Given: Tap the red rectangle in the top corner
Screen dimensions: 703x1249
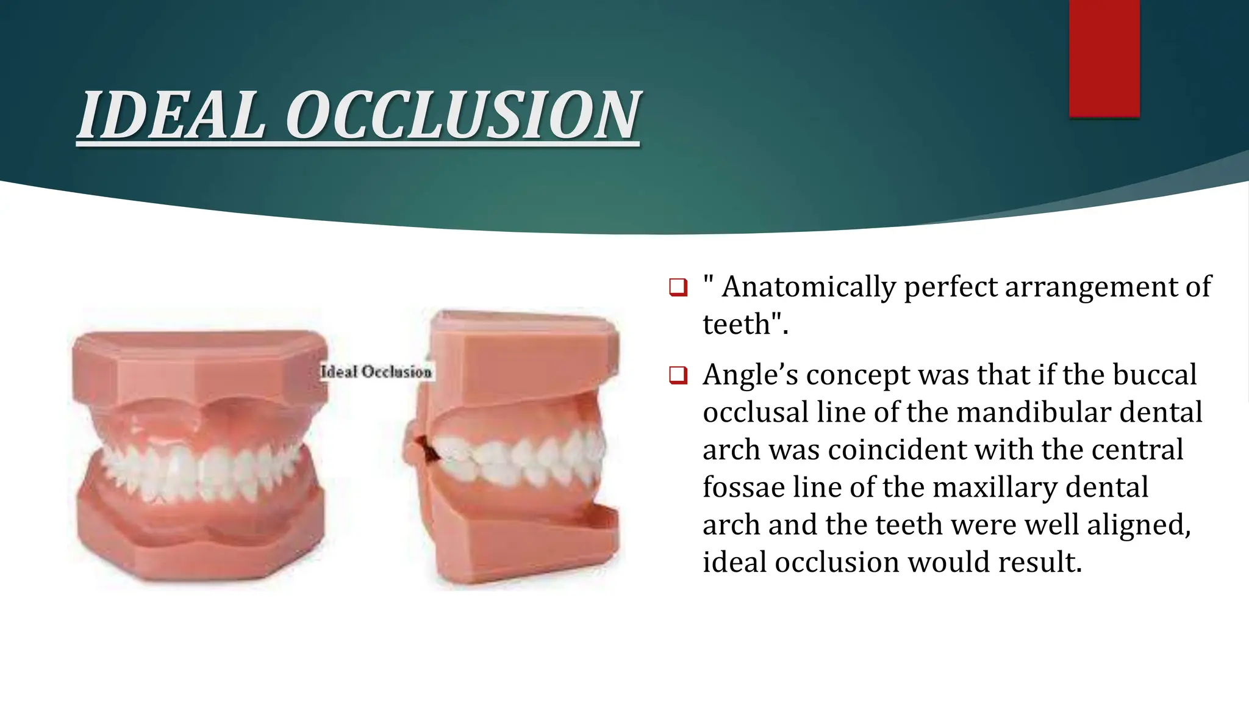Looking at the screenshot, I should point(1104,58).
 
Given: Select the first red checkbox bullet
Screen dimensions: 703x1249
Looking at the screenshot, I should point(678,287).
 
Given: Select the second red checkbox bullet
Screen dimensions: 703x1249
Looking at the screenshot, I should point(678,375).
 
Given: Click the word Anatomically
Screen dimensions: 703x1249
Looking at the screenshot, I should point(808,287).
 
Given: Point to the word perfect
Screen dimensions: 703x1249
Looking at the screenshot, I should point(950,287).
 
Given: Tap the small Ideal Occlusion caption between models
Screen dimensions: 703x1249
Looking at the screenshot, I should point(376,372).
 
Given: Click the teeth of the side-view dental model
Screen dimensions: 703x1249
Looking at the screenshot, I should point(518,458).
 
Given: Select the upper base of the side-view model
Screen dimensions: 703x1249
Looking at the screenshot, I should point(524,357).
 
